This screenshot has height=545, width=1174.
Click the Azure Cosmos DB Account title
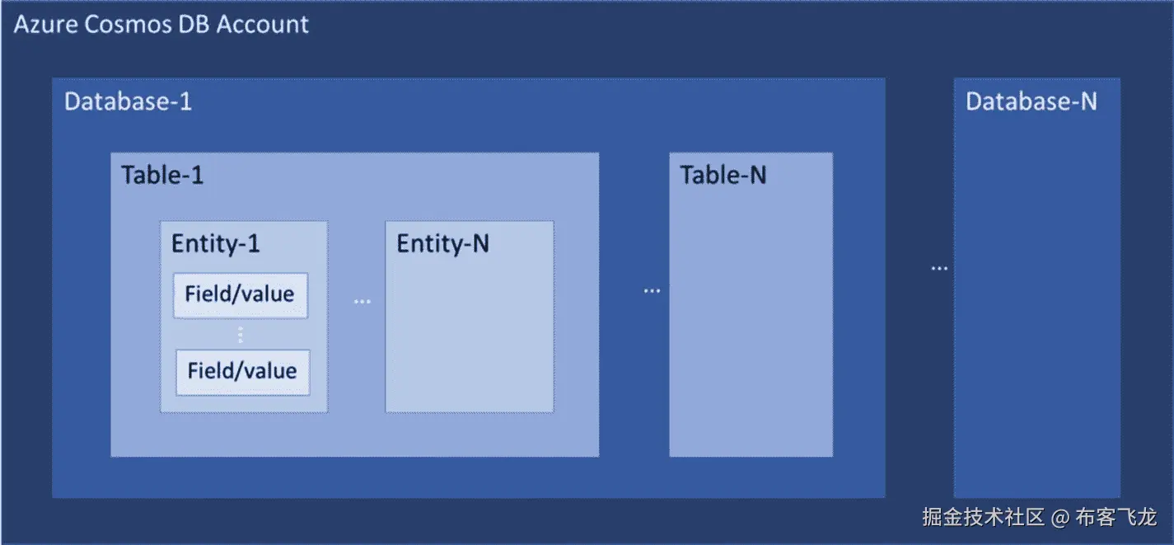pyautogui.click(x=161, y=25)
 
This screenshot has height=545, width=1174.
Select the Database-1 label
pyautogui.click(x=128, y=101)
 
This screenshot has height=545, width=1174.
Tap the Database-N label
pyautogui.click(x=1031, y=101)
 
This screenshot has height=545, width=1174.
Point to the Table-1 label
pyautogui.click(x=162, y=175)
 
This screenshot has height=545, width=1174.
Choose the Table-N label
pyautogui.click(x=723, y=175)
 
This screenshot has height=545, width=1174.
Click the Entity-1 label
pyautogui.click(x=215, y=244)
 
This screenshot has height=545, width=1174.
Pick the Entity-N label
pyautogui.click(x=442, y=244)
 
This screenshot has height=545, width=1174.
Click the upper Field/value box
pyautogui.click(x=240, y=294)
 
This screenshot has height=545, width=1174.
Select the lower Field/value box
pyautogui.click(x=242, y=371)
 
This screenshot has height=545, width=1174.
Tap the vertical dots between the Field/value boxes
pyautogui.click(x=241, y=335)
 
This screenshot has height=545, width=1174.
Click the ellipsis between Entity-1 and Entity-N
pyautogui.click(x=362, y=302)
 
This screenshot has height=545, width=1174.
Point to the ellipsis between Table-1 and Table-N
pyautogui.click(x=652, y=291)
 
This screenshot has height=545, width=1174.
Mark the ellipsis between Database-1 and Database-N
pyautogui.click(x=938, y=269)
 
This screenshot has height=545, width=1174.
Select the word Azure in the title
pyautogui.click(x=44, y=25)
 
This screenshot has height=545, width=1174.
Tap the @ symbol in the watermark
pyautogui.click(x=1060, y=518)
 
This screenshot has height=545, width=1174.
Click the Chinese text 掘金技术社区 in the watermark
pyautogui.click(x=983, y=518)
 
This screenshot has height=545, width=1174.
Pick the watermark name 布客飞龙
pyautogui.click(x=1116, y=518)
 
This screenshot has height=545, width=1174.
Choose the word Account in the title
pyautogui.click(x=263, y=25)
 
